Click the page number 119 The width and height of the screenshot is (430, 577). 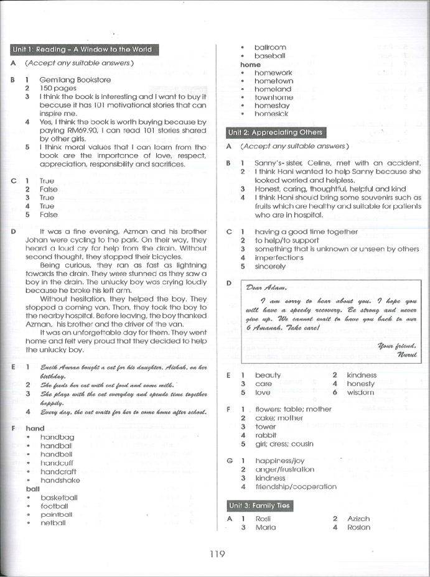point(217,555)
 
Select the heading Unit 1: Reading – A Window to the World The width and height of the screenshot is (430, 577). point(82,50)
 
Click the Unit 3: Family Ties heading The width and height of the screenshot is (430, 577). point(259,506)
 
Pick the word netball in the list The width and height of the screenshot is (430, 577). point(53,523)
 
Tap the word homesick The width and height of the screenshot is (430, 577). point(271,114)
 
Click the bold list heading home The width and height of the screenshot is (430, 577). point(250,65)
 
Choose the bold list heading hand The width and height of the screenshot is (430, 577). point(35,428)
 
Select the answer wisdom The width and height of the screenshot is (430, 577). point(361,392)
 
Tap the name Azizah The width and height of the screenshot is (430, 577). point(358,519)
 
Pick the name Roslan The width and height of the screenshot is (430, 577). point(358,527)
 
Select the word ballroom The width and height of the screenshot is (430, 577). point(270,47)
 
